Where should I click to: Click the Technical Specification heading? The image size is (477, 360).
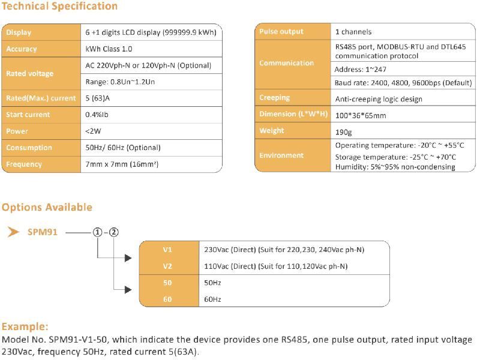(x=59, y=7)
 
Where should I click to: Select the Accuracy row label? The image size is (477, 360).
(x=22, y=49)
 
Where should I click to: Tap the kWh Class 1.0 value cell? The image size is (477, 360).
(x=109, y=49)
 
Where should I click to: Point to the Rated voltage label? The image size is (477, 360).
(x=30, y=74)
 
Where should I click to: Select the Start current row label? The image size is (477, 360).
(x=28, y=115)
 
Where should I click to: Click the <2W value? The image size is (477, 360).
(x=94, y=131)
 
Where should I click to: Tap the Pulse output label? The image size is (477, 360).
(x=281, y=32)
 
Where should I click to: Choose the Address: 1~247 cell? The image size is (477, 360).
(x=361, y=70)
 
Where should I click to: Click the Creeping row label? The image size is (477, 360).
(x=274, y=98)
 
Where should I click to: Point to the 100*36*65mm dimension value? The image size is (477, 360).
(x=361, y=115)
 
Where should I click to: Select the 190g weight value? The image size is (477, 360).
(x=344, y=131)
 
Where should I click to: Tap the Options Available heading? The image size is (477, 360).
(x=47, y=207)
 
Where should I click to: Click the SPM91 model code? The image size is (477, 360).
(x=43, y=232)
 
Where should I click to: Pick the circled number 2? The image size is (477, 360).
(x=115, y=232)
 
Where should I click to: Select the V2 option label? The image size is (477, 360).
(x=167, y=266)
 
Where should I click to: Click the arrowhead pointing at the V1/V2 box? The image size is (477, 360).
(x=127, y=258)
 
